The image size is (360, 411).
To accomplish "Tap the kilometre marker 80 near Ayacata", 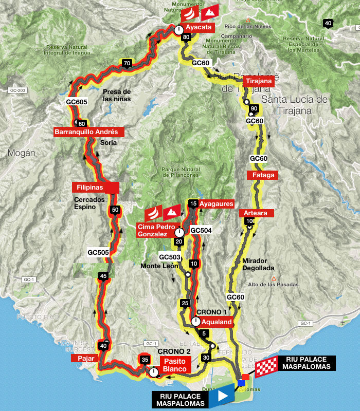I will pyautogui.click(x=186, y=37).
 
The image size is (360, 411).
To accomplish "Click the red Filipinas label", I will pyautogui.click(x=96, y=187).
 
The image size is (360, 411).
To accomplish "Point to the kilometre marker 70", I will pyautogui.click(x=127, y=64).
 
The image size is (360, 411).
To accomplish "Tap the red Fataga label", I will pyautogui.click(x=264, y=175).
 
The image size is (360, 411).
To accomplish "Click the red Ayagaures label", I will pyautogui.click(x=216, y=203).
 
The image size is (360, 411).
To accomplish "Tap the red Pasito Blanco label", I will pyautogui.click(x=176, y=365).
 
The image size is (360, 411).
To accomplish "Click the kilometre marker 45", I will pyautogui.click(x=103, y=276).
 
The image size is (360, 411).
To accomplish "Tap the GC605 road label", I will pyautogui.click(x=77, y=102).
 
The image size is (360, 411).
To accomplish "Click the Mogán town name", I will pyautogui.click(x=22, y=153).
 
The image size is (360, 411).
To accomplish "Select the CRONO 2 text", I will pyautogui.click(x=174, y=351).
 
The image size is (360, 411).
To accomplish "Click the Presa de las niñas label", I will pyautogui.click(x=117, y=95).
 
